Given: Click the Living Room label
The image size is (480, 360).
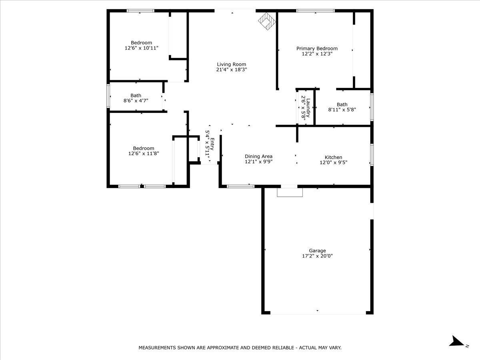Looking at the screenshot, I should point(232,64).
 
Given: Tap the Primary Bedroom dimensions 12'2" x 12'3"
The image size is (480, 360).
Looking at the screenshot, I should point(317,54).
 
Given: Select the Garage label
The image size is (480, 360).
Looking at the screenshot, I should point(317,251).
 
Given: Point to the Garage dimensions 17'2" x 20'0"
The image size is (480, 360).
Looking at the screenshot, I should point(317,256).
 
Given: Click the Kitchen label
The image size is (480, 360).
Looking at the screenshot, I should point(333,157).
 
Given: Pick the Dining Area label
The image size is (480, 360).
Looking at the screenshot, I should point(259,156).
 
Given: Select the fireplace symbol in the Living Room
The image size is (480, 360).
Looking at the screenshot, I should point(266,21).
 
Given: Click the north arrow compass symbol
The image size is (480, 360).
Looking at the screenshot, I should point(456,341).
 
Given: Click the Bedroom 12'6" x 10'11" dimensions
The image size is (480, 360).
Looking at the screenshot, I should point(142,48).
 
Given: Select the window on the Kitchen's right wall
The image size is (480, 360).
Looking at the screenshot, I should point(372,155).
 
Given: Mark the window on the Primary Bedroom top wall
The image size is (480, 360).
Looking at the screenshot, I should point(315,11).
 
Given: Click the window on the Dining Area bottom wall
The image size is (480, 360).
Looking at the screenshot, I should point(240,186).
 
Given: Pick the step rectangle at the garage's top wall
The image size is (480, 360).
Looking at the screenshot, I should point(290,192).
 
